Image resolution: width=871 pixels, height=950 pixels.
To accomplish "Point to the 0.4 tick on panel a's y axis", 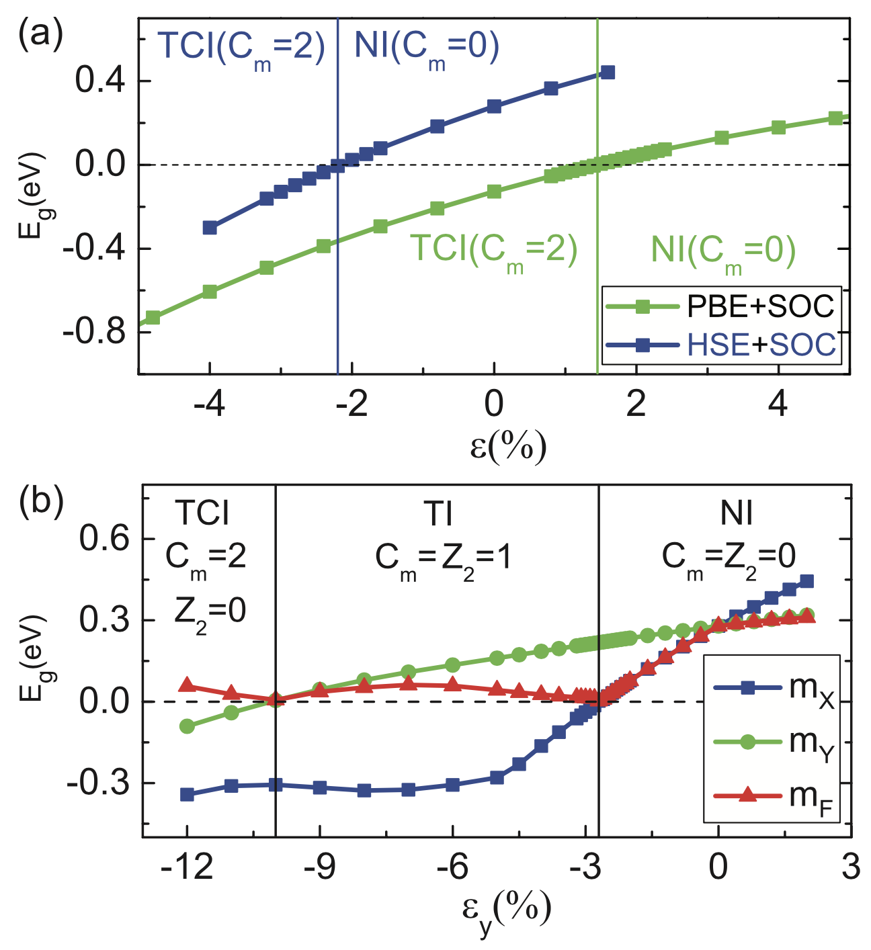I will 99,81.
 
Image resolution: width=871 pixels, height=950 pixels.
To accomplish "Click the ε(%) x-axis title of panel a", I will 508,445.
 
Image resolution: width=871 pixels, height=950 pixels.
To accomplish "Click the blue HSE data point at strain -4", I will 210,228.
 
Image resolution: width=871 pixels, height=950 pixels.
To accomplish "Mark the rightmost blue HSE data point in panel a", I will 608,72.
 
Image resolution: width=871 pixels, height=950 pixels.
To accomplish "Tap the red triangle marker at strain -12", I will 188,685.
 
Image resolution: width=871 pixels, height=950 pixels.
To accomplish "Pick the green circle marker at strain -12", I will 188,726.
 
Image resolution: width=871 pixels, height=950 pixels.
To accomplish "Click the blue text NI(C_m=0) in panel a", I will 426,47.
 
